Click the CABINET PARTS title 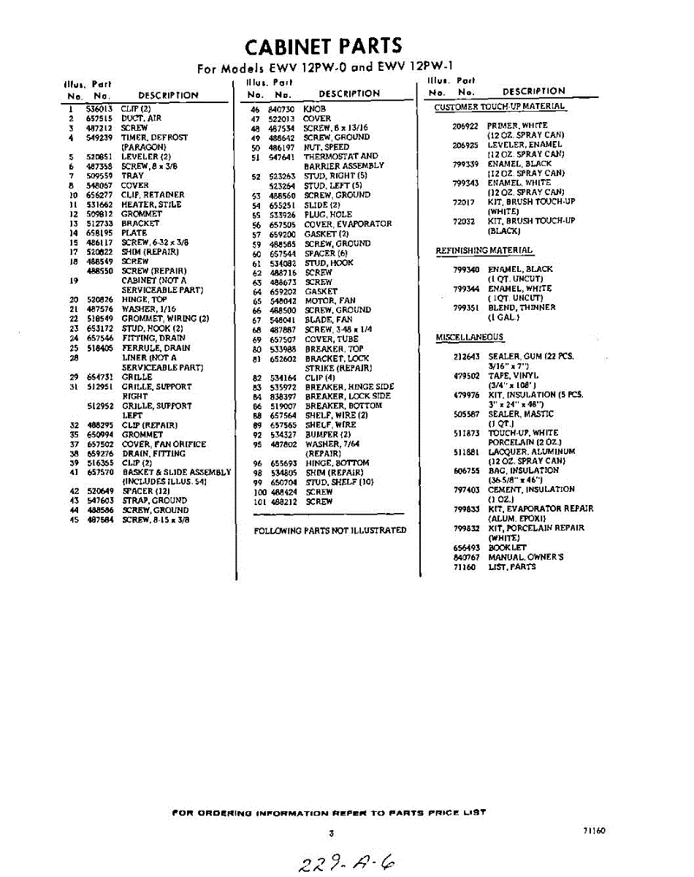323,46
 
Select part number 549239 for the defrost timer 99,137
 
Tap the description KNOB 314,109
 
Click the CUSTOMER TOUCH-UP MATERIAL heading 500,107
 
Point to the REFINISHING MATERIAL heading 484,251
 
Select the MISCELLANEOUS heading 469,337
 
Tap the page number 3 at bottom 331,832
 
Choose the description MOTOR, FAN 330,301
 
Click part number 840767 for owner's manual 465,557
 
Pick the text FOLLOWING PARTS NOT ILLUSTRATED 330,531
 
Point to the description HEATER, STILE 151,205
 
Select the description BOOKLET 507,547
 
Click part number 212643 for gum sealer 467,357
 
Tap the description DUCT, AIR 142,118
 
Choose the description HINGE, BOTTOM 337,463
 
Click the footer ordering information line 329,813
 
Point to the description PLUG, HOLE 328,215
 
